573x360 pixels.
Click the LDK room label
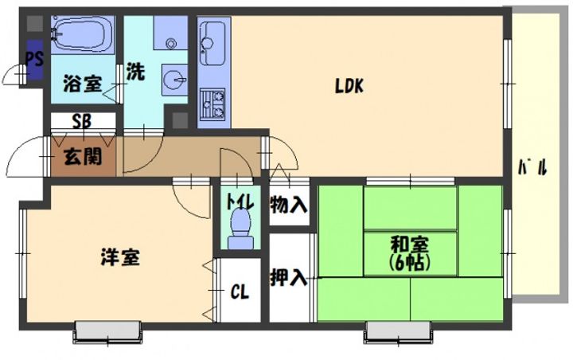[x=349, y=86]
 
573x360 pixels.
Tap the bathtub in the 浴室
[x=83, y=34]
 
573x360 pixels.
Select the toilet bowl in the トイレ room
[x=240, y=229]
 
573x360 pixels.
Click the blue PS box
[x=35, y=60]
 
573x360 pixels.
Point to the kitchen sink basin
[x=212, y=43]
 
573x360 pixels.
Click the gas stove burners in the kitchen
[x=212, y=104]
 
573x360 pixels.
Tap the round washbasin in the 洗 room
[x=174, y=80]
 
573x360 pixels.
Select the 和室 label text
[x=410, y=245]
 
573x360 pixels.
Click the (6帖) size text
[x=409, y=262]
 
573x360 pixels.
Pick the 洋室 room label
[x=120, y=257]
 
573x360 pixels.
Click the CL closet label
[x=240, y=292]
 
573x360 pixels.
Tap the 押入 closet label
[x=288, y=277]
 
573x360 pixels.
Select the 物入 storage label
[x=288, y=205]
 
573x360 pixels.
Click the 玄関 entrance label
[x=83, y=157]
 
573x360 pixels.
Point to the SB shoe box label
[x=81, y=122]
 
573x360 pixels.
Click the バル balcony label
[x=533, y=167]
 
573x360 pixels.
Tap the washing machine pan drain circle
[x=170, y=44]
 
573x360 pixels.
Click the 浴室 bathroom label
[x=83, y=84]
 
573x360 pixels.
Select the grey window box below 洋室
[x=107, y=331]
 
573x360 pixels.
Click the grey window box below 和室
[x=399, y=331]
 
